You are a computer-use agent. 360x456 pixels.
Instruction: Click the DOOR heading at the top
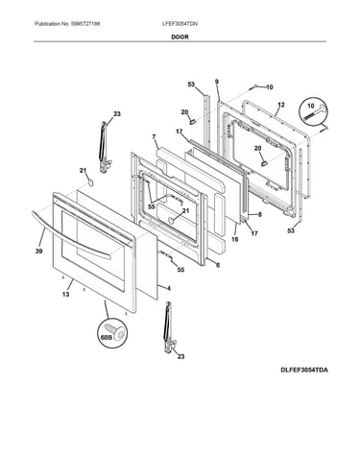(x=180, y=36)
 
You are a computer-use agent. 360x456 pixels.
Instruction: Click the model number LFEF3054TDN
(x=180, y=24)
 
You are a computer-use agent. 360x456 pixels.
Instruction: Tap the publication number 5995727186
(x=85, y=24)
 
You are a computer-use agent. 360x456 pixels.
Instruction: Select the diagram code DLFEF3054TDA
(x=304, y=371)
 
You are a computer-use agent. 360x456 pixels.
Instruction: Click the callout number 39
(x=38, y=252)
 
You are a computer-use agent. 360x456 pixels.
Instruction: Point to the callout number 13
(x=65, y=294)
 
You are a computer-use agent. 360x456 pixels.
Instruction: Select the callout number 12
(x=281, y=105)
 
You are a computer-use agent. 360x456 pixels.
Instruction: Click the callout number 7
(x=154, y=137)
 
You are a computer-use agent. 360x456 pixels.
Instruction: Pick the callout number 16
(x=235, y=239)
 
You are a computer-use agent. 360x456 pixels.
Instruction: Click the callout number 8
(x=260, y=215)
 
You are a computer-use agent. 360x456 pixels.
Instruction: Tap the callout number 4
(x=169, y=288)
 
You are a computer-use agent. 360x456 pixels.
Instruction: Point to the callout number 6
(x=218, y=265)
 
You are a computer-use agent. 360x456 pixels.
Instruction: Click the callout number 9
(x=217, y=82)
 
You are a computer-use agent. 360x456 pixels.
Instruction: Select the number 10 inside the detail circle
(x=311, y=106)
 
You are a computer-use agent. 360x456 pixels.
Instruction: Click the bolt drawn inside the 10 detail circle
(x=314, y=113)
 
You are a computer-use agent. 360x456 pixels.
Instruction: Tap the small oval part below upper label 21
(x=91, y=182)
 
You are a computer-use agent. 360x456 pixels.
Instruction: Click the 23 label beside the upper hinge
(x=117, y=113)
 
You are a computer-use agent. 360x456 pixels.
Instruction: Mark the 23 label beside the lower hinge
(x=180, y=356)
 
